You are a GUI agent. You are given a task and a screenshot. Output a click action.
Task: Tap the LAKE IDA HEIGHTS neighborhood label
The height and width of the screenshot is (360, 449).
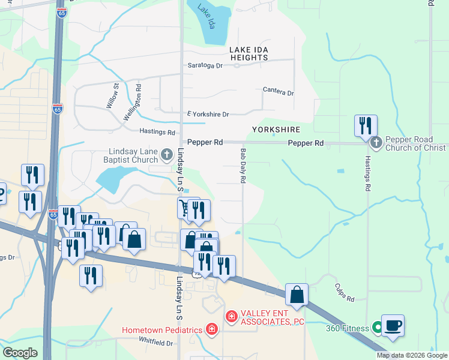248,53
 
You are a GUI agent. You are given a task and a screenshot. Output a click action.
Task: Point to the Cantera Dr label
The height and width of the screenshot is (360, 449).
278,92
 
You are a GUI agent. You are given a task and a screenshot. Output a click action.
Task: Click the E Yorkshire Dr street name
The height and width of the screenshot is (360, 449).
208,114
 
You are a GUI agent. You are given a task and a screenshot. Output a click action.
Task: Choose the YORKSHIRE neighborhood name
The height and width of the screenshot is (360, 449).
276,130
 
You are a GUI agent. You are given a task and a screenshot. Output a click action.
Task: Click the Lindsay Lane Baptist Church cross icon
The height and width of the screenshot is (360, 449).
167,156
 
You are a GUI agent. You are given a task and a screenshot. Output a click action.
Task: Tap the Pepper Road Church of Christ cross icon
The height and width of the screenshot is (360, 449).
376,143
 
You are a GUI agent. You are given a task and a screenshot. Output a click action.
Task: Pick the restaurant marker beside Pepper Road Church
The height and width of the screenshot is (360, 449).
366,126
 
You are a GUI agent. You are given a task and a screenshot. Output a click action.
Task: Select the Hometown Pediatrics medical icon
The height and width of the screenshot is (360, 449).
211,329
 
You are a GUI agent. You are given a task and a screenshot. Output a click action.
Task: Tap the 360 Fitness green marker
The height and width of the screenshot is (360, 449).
377,328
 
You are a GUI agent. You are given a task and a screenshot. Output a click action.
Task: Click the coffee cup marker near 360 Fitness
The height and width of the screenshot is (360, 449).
393,325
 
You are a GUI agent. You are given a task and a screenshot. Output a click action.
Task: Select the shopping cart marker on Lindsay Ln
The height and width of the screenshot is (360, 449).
185,208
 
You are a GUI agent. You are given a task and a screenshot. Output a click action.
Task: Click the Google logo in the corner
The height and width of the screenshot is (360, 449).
20,352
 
